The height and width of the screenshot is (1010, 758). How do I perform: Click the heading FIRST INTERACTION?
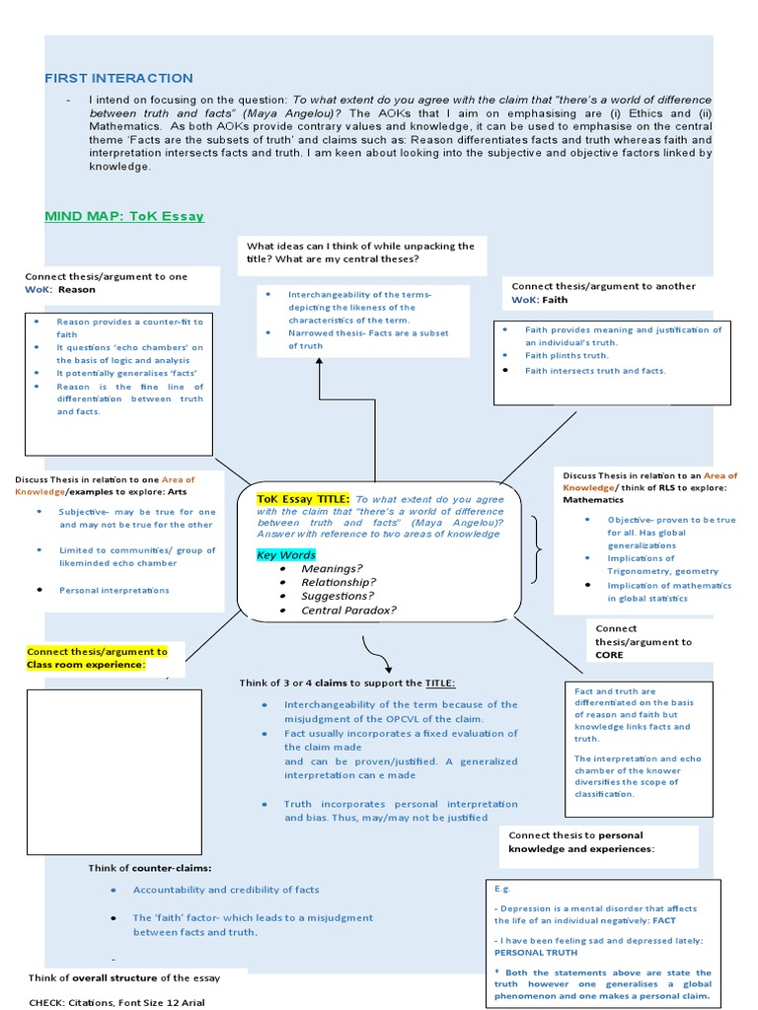[x=118, y=78]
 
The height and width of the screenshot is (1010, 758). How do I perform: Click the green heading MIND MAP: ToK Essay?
[x=123, y=215]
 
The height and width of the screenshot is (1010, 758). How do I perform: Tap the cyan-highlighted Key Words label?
[x=286, y=555]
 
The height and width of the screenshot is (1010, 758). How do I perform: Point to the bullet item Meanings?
[x=332, y=568]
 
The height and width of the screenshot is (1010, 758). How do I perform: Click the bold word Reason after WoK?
[x=77, y=290]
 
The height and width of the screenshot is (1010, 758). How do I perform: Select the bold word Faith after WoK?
[x=555, y=299]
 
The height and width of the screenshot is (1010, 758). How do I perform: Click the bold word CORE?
[x=610, y=654]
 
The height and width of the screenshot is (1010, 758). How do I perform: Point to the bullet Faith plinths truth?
[x=566, y=355]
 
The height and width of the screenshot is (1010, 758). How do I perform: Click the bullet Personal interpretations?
[x=114, y=590]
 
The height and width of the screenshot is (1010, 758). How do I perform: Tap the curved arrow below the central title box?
[x=376, y=653]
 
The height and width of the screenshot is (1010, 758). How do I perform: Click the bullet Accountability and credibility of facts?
[x=226, y=889]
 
